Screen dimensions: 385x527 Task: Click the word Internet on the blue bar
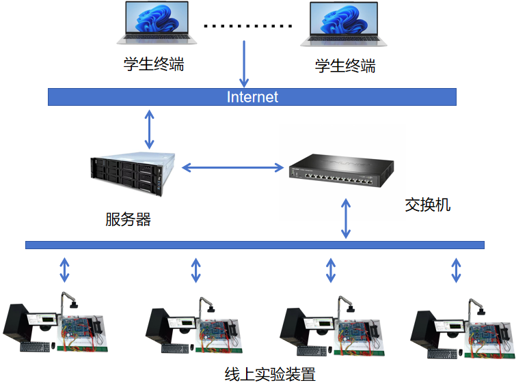tap(252, 97)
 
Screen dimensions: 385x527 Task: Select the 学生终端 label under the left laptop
tap(153, 66)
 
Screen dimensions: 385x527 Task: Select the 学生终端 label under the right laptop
tap(344, 66)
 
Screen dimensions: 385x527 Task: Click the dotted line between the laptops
tap(248, 27)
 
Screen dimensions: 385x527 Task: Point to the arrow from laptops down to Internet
tap(244, 63)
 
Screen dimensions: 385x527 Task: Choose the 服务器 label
tap(128, 220)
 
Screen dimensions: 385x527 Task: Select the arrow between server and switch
tap(232, 167)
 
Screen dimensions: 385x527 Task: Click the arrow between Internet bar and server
tap(150, 129)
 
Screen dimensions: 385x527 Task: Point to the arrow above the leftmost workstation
tap(64, 270)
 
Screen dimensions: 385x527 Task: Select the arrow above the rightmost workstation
tap(456, 270)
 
